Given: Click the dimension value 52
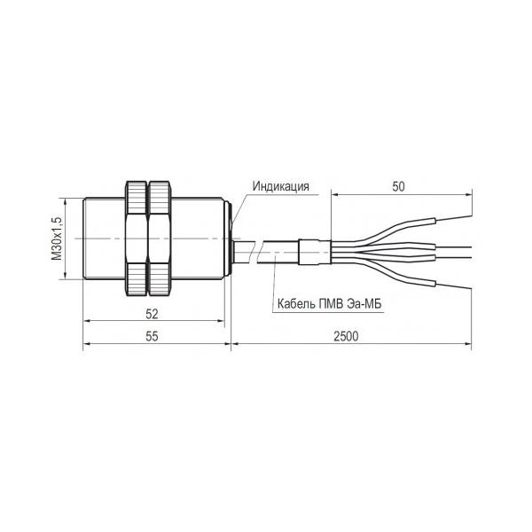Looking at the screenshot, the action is click(152, 314).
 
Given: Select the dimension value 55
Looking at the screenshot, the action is click(152, 336).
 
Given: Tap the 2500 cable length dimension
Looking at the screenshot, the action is click(346, 336).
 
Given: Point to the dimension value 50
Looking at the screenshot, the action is click(398, 186).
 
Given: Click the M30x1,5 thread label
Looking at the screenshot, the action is click(57, 239).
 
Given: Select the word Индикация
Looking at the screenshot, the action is click(280, 186).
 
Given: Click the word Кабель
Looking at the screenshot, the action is click(296, 303).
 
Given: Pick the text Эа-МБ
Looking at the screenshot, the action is click(364, 303).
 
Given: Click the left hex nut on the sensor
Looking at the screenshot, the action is click(137, 239).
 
